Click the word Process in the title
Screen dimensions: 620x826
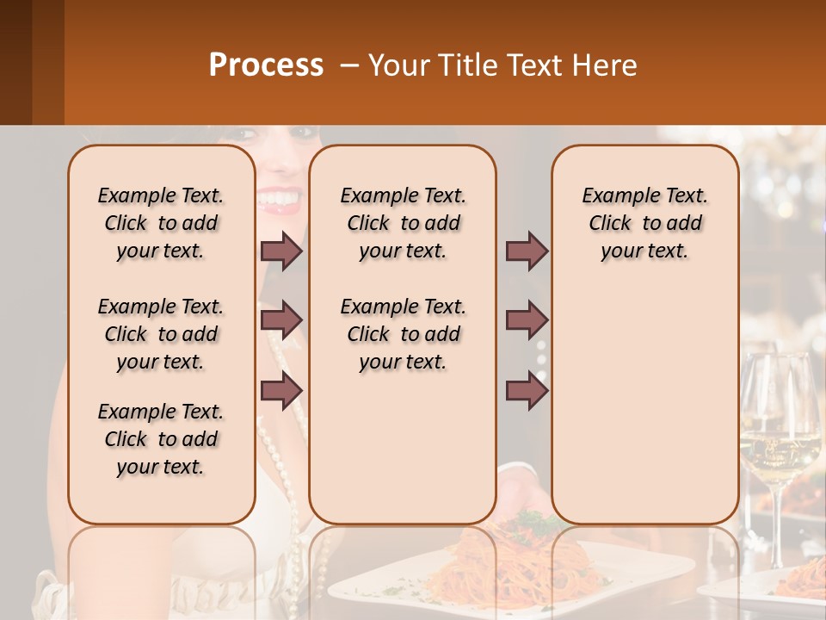[265, 65]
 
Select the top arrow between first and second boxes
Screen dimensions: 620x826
[281, 251]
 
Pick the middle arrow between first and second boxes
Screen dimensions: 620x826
[281, 320]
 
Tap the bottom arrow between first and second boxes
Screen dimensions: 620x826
[281, 391]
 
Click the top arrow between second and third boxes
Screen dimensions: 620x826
[527, 251]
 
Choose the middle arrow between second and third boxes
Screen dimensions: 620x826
[527, 320]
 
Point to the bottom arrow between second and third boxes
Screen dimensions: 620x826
[527, 391]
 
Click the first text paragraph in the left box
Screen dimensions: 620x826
[161, 223]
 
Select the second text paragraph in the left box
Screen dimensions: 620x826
[161, 334]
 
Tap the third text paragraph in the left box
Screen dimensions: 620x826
[161, 439]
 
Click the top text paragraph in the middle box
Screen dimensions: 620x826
[403, 223]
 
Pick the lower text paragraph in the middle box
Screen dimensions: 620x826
[403, 334]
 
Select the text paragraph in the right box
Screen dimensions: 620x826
[645, 223]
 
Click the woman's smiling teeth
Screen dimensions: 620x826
[277, 200]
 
